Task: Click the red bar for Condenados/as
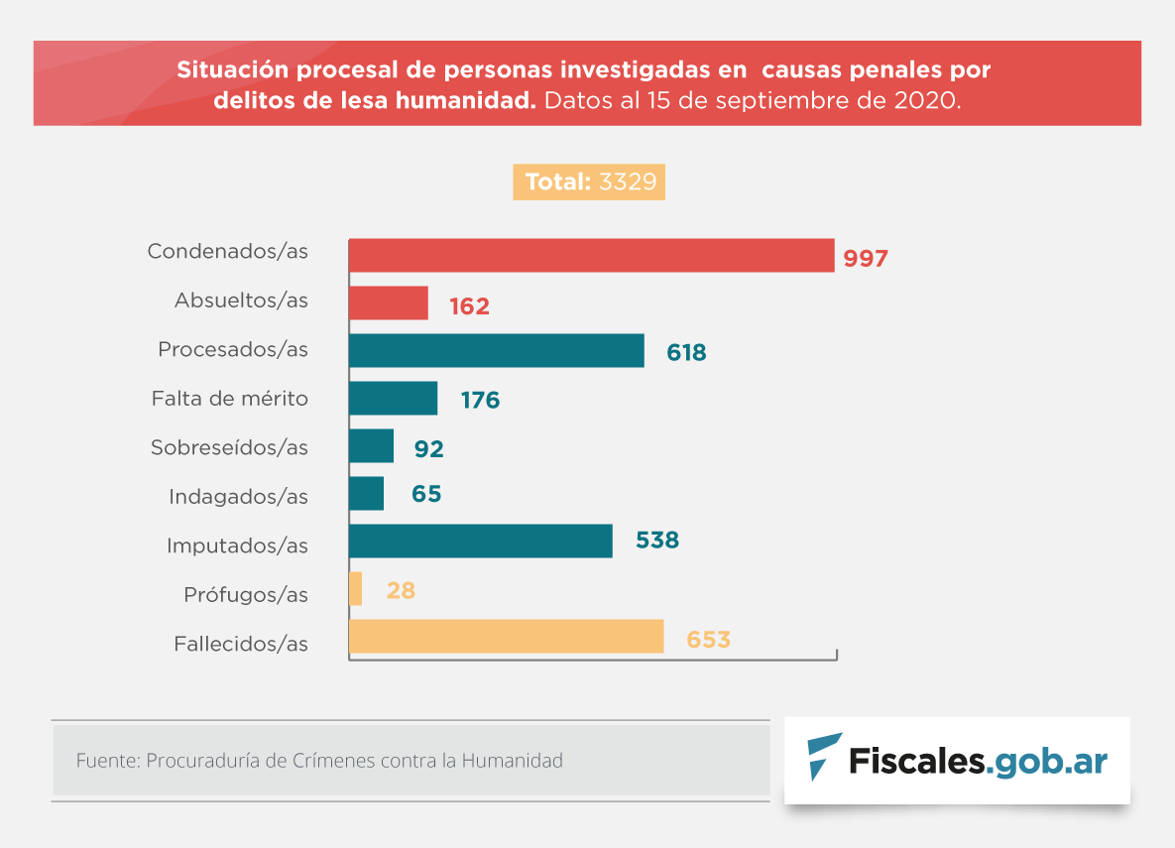click(x=590, y=255)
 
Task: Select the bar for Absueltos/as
click(x=388, y=303)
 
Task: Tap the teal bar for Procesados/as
click(x=496, y=351)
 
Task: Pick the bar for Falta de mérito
click(x=393, y=399)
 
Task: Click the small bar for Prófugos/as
click(x=355, y=589)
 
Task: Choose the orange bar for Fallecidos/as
click(x=506, y=637)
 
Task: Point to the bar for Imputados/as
click(x=480, y=542)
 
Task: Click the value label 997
click(x=866, y=259)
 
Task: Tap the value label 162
click(x=469, y=306)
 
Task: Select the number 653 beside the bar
click(x=708, y=640)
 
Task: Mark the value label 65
click(x=426, y=494)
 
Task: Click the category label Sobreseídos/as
click(x=229, y=448)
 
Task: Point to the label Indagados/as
click(x=238, y=497)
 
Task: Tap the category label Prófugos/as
click(x=245, y=595)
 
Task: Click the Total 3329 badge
click(x=589, y=182)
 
